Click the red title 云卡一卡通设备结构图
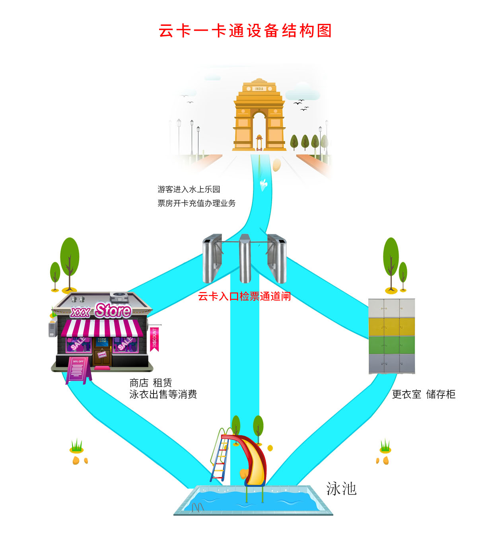point(245,31)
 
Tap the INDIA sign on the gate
point(259,89)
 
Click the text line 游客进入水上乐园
point(189,189)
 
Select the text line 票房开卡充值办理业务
point(196,203)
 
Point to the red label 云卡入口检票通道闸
point(244,296)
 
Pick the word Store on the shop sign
point(113,310)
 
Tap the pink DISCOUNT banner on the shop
point(154,339)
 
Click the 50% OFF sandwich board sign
point(78,369)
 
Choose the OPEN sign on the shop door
point(102,354)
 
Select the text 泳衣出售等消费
point(163,394)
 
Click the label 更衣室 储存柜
point(424,394)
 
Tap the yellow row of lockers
point(392,327)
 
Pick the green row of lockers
point(392,345)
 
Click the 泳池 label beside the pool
point(341,489)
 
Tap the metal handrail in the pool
point(198,507)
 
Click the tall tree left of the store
point(70,259)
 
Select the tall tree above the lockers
point(391,259)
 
